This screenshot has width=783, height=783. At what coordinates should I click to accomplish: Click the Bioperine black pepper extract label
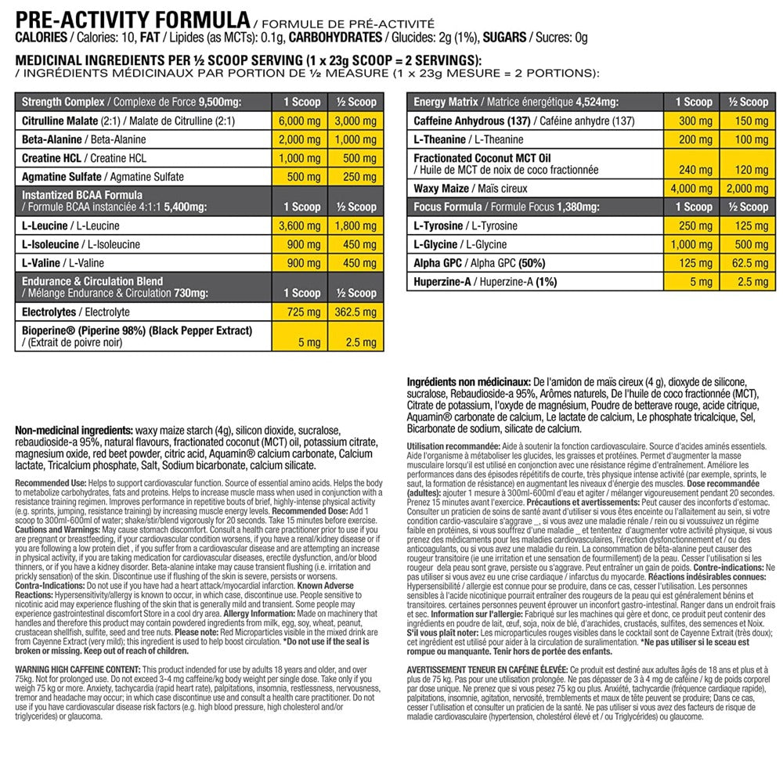pyautogui.click(x=137, y=330)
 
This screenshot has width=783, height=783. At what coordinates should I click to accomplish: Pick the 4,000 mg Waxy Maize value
pyautogui.click(x=693, y=188)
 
